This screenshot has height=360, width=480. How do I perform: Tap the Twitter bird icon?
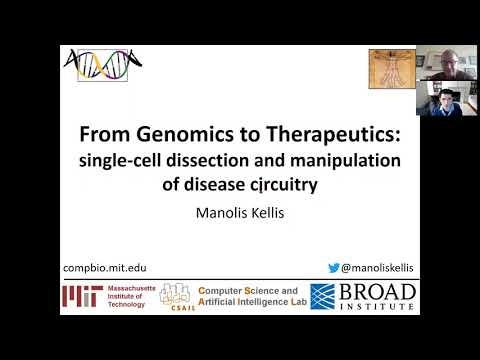pos(336,267)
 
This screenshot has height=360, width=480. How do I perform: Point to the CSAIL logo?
pos(177,297)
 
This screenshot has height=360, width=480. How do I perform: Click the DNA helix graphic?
pos(102,66)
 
